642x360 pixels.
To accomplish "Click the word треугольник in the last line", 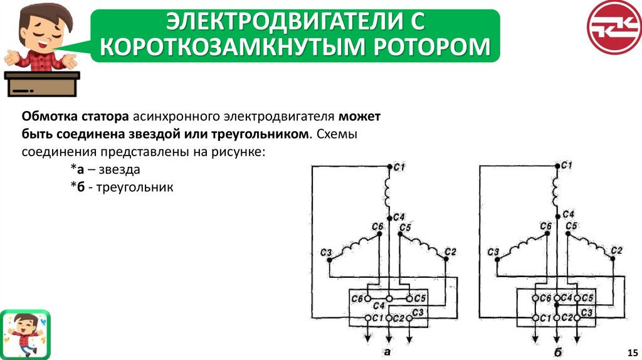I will [x=134, y=187].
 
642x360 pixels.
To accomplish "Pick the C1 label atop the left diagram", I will [x=399, y=167].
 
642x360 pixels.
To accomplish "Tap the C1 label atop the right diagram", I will [x=567, y=165].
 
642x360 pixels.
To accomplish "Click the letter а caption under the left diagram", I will [x=387, y=352].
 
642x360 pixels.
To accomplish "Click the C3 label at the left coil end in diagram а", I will [x=325, y=252].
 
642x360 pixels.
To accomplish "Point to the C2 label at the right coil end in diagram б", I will [x=616, y=250].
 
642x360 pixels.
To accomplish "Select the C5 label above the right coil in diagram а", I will [x=404, y=227].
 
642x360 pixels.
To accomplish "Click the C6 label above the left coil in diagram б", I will [x=545, y=226].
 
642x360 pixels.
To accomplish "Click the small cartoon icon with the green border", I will [x=25, y=334].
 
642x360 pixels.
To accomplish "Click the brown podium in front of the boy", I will [x=43, y=84].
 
